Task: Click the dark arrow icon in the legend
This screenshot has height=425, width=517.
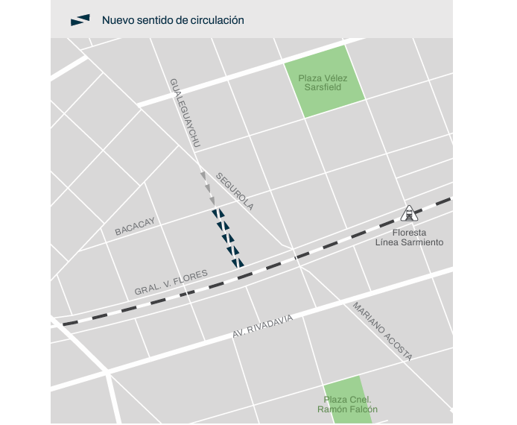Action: click(x=80, y=20)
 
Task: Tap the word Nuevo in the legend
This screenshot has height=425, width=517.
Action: click(x=118, y=20)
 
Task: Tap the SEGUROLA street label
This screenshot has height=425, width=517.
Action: click(x=235, y=191)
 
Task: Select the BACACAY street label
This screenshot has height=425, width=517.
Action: click(x=135, y=227)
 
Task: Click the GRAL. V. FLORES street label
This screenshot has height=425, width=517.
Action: click(x=171, y=283)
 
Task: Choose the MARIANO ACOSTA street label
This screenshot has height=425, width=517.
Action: click(x=382, y=331)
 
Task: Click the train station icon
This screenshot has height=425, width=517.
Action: click(x=408, y=214)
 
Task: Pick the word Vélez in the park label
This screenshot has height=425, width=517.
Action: click(x=336, y=78)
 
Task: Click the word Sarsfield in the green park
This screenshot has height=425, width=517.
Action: click(x=323, y=87)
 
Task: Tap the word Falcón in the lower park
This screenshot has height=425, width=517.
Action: click(x=361, y=409)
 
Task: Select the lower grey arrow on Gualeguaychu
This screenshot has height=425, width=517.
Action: click(x=212, y=200)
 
